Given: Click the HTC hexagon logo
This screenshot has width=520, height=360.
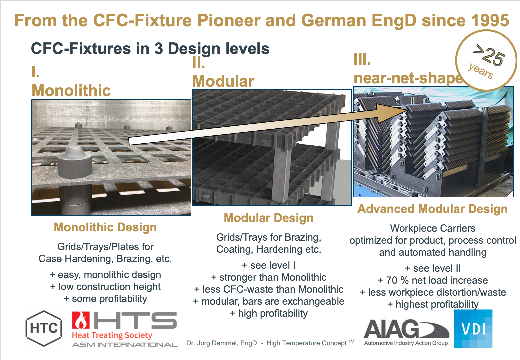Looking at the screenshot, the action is pyautogui.click(x=44, y=328).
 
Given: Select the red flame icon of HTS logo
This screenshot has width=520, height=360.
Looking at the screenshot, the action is pyautogui.click(x=81, y=320).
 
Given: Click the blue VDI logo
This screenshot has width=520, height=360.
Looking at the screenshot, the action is pyautogui.click(x=473, y=328).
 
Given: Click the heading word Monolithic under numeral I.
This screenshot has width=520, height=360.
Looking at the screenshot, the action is pyautogui.click(x=71, y=90).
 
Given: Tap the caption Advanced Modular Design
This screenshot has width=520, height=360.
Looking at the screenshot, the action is pyautogui.click(x=432, y=209).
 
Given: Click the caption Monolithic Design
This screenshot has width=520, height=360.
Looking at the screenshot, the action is pyautogui.click(x=105, y=227).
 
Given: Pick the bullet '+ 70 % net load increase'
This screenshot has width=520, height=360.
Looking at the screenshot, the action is pyautogui.click(x=433, y=280).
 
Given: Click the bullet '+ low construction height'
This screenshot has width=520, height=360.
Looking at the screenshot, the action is pyautogui.click(x=105, y=287).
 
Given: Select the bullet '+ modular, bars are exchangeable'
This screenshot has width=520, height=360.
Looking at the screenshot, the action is pyautogui.click(x=269, y=301).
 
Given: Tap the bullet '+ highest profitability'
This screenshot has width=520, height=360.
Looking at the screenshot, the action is pyautogui.click(x=433, y=304).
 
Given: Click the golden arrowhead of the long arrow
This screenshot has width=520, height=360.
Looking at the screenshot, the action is pyautogui.click(x=392, y=113).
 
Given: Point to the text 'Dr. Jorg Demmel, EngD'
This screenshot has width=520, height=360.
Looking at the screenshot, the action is pyautogui.click(x=221, y=343).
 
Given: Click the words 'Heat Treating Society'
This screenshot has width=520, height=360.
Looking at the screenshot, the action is pyautogui.click(x=112, y=335).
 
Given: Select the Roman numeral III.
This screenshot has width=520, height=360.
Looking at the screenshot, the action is pyautogui.click(x=362, y=59).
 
